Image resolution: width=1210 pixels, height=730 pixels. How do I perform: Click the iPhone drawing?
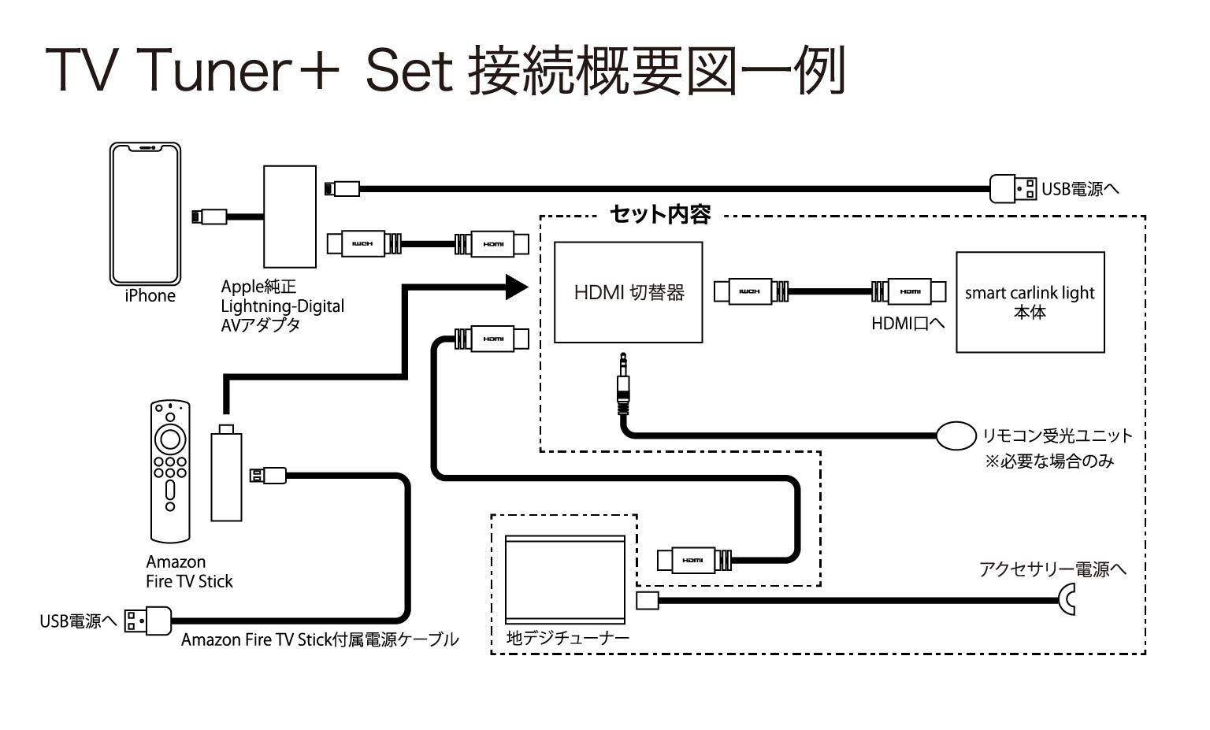click(x=145, y=213)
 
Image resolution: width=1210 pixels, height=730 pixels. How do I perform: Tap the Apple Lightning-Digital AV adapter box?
click(x=290, y=217)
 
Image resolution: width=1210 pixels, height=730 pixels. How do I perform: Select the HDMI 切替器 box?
click(x=628, y=292)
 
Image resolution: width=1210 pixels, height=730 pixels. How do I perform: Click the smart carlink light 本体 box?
click(x=1030, y=302)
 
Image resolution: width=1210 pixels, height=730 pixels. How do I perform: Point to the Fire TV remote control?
click(x=170, y=471)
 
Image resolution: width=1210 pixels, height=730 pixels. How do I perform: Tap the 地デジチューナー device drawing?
click(x=565, y=579)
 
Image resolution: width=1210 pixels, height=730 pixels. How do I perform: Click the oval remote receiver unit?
click(x=956, y=435)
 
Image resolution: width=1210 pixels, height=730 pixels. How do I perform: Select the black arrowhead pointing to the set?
click(x=516, y=287)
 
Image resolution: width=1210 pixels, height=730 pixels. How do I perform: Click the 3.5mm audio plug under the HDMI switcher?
click(x=623, y=385)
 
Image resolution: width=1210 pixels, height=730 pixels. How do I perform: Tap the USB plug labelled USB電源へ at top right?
click(x=1013, y=189)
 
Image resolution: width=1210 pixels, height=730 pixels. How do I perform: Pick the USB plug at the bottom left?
click(x=148, y=621)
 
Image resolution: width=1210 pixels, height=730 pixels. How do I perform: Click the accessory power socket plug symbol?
click(x=1068, y=600)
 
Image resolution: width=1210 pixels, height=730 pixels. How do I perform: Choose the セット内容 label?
click(x=660, y=214)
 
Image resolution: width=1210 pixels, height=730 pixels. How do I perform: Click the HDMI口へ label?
click(x=907, y=323)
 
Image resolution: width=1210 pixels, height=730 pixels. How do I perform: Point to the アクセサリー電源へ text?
click(x=1052, y=569)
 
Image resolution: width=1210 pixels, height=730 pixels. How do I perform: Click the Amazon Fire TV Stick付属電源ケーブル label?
click(x=319, y=639)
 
